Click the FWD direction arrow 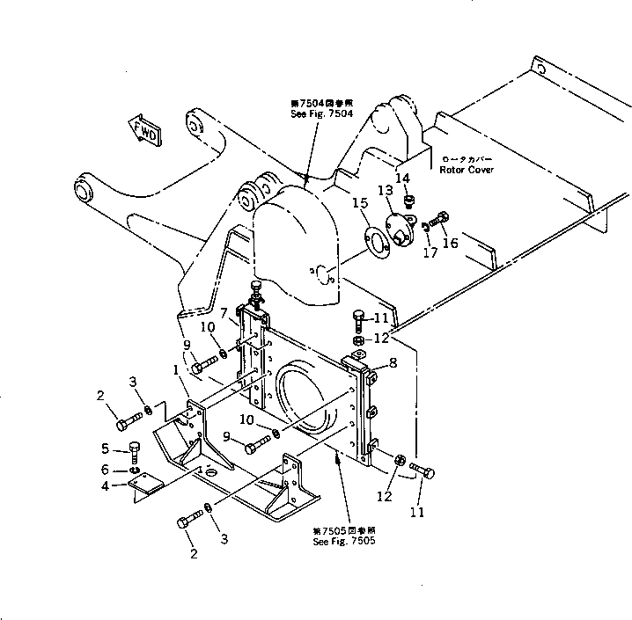(144, 129)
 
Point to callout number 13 (386, 191)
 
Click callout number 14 (402, 179)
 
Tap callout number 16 (450, 242)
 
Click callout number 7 (224, 314)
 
